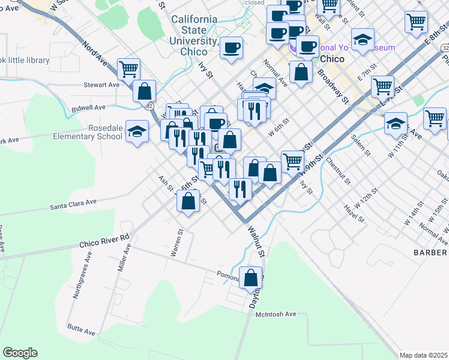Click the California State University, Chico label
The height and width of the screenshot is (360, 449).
coord(194,35)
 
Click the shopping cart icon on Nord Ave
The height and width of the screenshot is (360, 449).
coord(128,69)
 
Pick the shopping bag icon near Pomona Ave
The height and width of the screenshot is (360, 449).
coord(251,278)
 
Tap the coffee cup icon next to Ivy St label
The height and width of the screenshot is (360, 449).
coord(231,48)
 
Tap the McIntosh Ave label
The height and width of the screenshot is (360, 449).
coord(276,314)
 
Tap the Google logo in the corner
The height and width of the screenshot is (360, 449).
coord(20,353)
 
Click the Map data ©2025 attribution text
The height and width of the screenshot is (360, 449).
coord(423,355)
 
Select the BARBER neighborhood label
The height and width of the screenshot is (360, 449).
coord(430,253)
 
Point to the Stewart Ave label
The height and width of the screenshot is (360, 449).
coord(101,85)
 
